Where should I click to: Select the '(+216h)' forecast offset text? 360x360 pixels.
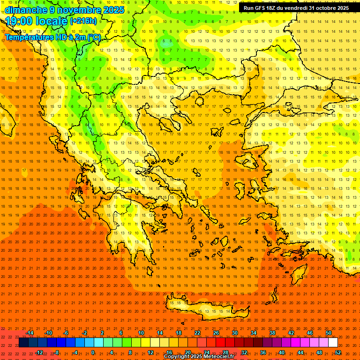point(83,21)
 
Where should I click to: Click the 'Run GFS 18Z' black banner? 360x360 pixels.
point(296,8)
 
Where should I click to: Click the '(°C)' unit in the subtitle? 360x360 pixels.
point(93,37)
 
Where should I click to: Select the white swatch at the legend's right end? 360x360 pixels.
point(333,343)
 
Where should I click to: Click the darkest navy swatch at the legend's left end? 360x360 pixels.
point(23,343)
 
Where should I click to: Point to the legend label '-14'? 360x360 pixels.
point(30,333)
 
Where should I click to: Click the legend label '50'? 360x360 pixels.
point(329,333)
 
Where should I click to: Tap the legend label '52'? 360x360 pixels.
point(338,352)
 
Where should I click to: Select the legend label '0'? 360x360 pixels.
point(93,352)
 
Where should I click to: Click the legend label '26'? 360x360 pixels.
point(216,333)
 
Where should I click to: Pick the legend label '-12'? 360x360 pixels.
point(39,352)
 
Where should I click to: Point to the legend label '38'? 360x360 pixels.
point(272,333)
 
